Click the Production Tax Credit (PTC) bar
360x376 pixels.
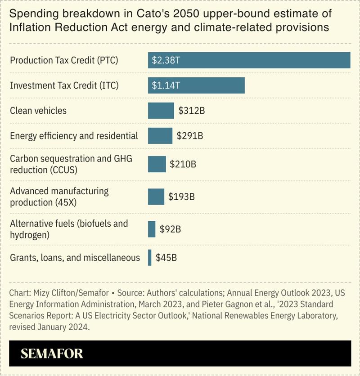pyautogui.click(x=249, y=60)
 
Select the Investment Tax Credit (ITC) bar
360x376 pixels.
pyautogui.click(x=196, y=85)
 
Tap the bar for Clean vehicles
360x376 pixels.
pyautogui.click(x=161, y=111)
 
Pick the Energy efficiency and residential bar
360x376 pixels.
pyautogui.click(x=160, y=135)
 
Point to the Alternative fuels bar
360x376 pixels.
pyautogui.click(x=152, y=229)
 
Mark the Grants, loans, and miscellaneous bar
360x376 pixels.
pyautogui.click(x=150, y=258)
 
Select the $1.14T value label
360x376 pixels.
pyautogui.click(x=166, y=85)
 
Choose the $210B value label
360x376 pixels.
pyautogui.click(x=183, y=164)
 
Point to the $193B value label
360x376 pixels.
pyautogui.click(x=181, y=197)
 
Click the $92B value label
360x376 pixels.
pyautogui.click(x=170, y=229)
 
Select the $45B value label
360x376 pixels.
pyautogui.click(x=166, y=258)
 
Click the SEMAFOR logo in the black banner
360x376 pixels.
pyautogui.click(x=52, y=354)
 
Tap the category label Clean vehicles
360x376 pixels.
pyautogui.click(x=38, y=111)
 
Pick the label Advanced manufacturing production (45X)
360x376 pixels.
pyautogui.click(x=59, y=197)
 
